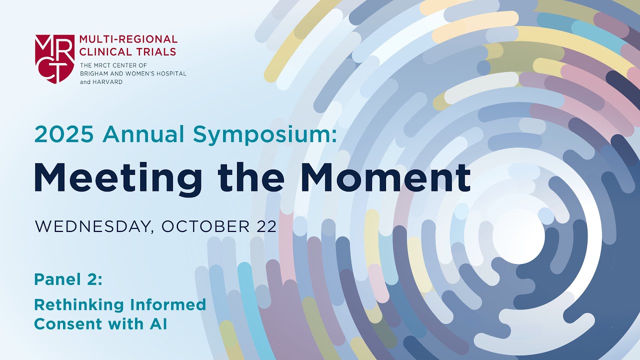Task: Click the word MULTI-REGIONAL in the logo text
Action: pos(128,39)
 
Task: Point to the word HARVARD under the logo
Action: pos(107,81)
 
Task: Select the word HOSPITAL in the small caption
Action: pos(169,73)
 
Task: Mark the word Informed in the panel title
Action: pos(169,304)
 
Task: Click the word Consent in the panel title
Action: pos(64,324)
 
